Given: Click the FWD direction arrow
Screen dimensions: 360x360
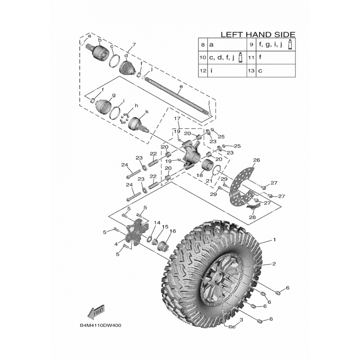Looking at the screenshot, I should tap(97, 311).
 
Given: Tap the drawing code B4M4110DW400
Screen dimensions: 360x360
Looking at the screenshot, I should tap(100, 325).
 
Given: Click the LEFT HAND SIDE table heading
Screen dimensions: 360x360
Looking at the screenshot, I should tap(258, 35).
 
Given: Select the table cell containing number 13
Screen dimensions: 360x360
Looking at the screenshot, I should tap(251, 71).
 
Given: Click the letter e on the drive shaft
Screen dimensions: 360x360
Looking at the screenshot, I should tap(181, 87).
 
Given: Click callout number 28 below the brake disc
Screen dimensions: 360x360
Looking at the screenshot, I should tap(251, 217).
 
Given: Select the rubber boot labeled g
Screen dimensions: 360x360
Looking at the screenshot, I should tap(107, 105).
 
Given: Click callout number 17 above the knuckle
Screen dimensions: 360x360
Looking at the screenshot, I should tap(177, 118).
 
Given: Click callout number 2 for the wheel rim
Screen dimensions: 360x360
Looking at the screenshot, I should tap(274, 264).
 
